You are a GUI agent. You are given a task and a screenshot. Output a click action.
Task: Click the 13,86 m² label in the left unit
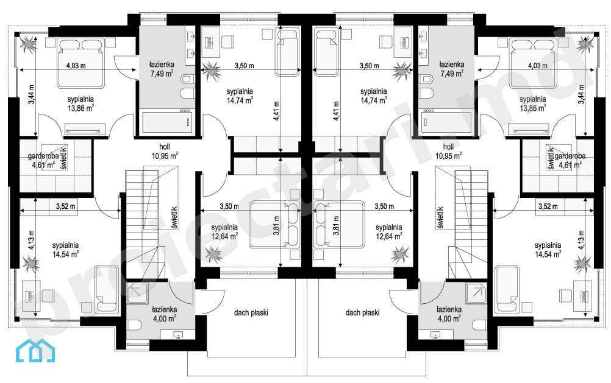80,108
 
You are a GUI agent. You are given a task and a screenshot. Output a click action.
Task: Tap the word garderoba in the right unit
570,156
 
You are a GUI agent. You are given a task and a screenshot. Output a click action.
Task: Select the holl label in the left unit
165,147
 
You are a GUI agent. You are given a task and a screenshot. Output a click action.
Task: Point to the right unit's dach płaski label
362,312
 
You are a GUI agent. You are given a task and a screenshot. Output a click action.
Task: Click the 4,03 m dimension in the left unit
76,66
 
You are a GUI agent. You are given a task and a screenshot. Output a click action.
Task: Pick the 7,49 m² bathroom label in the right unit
452,73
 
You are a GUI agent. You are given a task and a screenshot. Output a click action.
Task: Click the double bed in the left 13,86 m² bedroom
82,62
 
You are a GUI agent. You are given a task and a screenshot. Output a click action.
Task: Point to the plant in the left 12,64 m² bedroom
213,255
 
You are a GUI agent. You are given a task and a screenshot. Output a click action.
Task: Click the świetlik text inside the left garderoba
64,157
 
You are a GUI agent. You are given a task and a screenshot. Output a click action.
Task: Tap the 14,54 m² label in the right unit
548,254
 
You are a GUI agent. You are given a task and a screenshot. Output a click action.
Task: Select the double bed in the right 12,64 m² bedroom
339,224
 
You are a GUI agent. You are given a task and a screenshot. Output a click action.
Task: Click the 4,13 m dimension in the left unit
31,240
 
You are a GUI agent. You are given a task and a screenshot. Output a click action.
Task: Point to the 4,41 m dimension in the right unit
336,111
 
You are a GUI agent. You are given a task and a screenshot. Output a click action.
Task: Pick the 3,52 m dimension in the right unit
548,206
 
